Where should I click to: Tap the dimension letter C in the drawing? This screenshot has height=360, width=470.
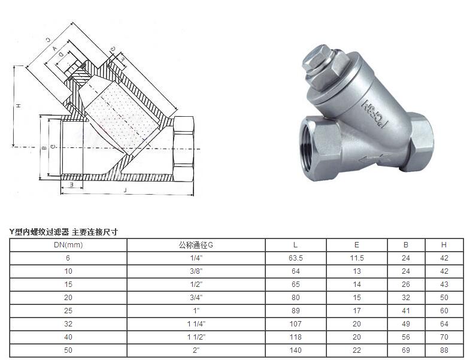47,41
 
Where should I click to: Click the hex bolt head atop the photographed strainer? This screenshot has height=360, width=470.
319,62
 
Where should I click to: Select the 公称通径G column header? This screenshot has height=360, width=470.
196,245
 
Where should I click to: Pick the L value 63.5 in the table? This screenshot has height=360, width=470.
296,258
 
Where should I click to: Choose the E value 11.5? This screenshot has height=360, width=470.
356,258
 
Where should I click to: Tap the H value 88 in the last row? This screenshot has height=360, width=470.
444,350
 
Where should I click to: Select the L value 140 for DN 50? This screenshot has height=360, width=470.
296,350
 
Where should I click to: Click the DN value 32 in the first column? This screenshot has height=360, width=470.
68,324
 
